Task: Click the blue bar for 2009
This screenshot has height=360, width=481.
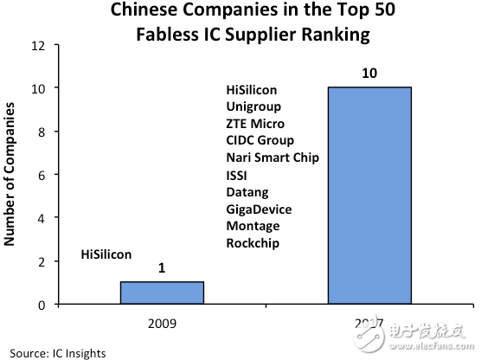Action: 162,292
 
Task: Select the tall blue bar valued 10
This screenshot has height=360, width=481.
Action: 369,196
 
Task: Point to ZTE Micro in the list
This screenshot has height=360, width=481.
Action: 254,124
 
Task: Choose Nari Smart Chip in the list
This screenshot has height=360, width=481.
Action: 271,157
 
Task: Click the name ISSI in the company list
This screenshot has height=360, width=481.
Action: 237,175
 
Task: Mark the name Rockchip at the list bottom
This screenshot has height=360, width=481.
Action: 252,242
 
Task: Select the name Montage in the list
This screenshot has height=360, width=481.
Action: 252,226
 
